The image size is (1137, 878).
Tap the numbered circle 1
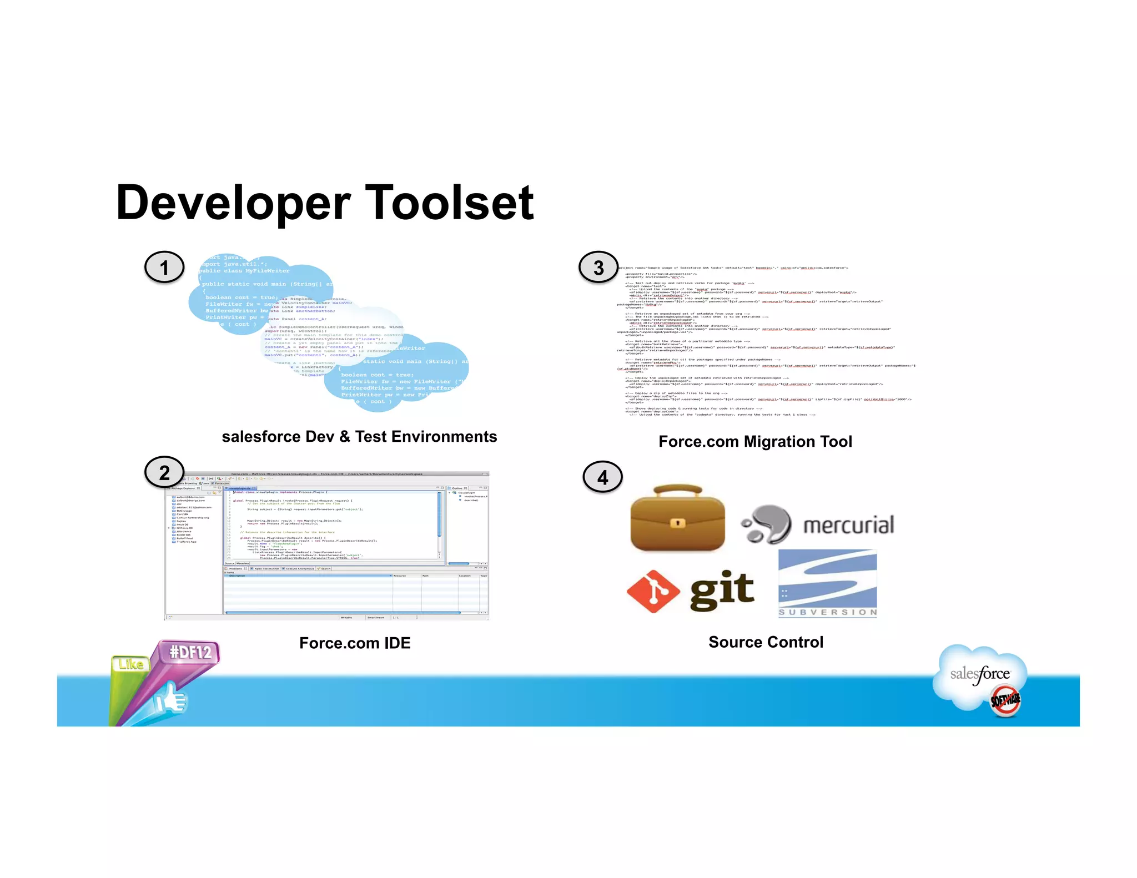(164, 268)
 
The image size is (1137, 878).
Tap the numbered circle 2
(164, 472)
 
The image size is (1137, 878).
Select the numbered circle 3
(598, 268)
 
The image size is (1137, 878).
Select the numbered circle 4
(602, 477)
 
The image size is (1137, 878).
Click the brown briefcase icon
(677, 519)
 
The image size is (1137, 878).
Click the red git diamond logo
(653, 592)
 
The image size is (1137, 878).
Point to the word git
(722, 589)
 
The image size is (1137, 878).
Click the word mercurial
(848, 525)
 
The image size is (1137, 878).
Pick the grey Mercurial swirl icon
(768, 524)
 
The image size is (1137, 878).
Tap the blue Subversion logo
(827, 583)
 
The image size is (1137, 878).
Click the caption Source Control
(766, 642)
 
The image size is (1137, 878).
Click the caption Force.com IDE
(355, 643)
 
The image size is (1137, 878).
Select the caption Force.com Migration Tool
(755, 442)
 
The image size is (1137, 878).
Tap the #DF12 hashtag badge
(191, 652)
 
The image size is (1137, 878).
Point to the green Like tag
(130, 664)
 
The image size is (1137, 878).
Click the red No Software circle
(1005, 700)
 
